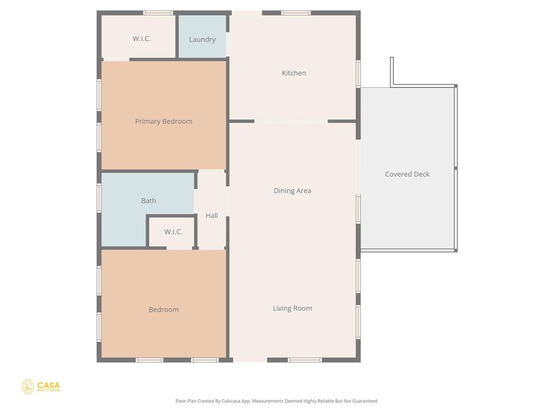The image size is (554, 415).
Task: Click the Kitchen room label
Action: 294,73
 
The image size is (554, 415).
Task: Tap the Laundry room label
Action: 202,39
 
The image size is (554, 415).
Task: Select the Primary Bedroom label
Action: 163,122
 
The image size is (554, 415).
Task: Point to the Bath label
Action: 149,200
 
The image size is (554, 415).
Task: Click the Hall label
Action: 212,216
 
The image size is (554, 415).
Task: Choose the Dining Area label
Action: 292,191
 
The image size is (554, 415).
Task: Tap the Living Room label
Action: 292,309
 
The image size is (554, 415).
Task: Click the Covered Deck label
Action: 407,174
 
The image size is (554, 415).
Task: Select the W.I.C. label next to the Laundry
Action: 142,39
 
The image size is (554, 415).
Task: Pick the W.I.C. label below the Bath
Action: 173,232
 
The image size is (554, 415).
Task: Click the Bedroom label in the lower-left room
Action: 163,310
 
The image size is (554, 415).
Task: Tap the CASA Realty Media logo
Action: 41,386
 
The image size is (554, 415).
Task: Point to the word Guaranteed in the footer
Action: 365,401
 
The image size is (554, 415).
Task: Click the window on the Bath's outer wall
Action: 99,198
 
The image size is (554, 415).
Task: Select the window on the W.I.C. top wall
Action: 158,13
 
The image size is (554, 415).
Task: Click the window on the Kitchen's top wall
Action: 296,13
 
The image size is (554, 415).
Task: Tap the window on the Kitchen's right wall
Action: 358,73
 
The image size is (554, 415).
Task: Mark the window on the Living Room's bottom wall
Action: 305,360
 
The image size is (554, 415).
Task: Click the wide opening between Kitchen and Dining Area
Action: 291,122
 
